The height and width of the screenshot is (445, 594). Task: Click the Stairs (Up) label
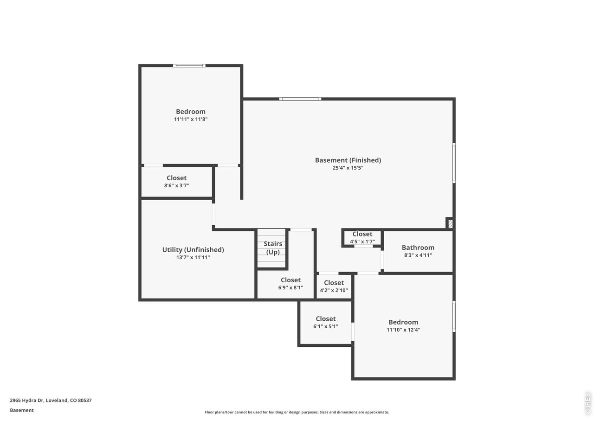pyautogui.click(x=273, y=248)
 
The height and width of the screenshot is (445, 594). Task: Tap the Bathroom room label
pyautogui.click(x=418, y=248)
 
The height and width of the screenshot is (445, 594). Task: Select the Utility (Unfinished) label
pyautogui.click(x=193, y=249)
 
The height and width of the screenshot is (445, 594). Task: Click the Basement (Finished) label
pyautogui.click(x=348, y=160)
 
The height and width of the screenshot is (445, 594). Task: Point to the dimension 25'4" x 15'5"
pyautogui.click(x=348, y=168)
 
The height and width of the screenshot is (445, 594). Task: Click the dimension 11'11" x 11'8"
pyautogui.click(x=190, y=119)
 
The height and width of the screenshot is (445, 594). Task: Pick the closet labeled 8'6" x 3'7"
pyautogui.click(x=176, y=181)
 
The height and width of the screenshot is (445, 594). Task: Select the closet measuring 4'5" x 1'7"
pyautogui.click(x=362, y=237)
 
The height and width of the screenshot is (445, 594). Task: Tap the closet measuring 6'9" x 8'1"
pyautogui.click(x=291, y=283)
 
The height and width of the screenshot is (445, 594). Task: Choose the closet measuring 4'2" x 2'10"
pyautogui.click(x=334, y=286)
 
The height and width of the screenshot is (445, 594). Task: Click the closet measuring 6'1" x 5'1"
pyautogui.click(x=325, y=322)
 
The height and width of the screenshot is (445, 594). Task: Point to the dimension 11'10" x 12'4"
pyautogui.click(x=403, y=330)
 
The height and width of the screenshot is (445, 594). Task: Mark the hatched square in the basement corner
pyautogui.click(x=449, y=223)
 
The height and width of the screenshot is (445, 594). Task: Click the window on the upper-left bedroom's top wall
pyautogui.click(x=189, y=65)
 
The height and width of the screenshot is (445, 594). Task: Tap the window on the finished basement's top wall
pyautogui.click(x=300, y=99)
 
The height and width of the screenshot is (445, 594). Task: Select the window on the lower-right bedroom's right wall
pyautogui.click(x=454, y=316)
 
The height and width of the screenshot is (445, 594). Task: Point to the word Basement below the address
pyautogui.click(x=22, y=410)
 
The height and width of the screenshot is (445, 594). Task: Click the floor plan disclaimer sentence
pyautogui.click(x=297, y=412)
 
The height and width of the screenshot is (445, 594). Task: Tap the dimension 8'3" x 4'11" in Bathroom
pyautogui.click(x=418, y=255)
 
